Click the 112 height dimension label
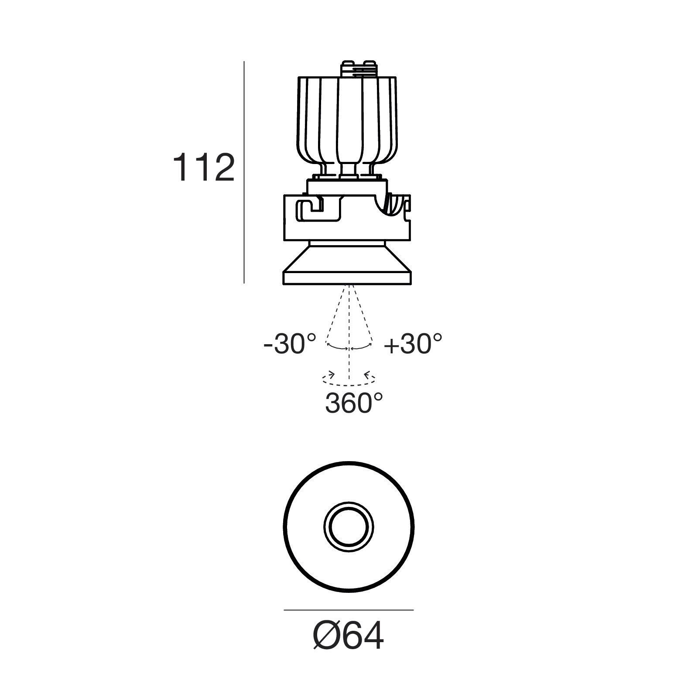[204, 168]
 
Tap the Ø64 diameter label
[349, 636]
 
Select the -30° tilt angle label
[290, 344]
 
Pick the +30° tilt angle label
[413, 344]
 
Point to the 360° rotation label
[354, 403]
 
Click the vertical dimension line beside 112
[244, 172]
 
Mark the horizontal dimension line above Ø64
[349, 610]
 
